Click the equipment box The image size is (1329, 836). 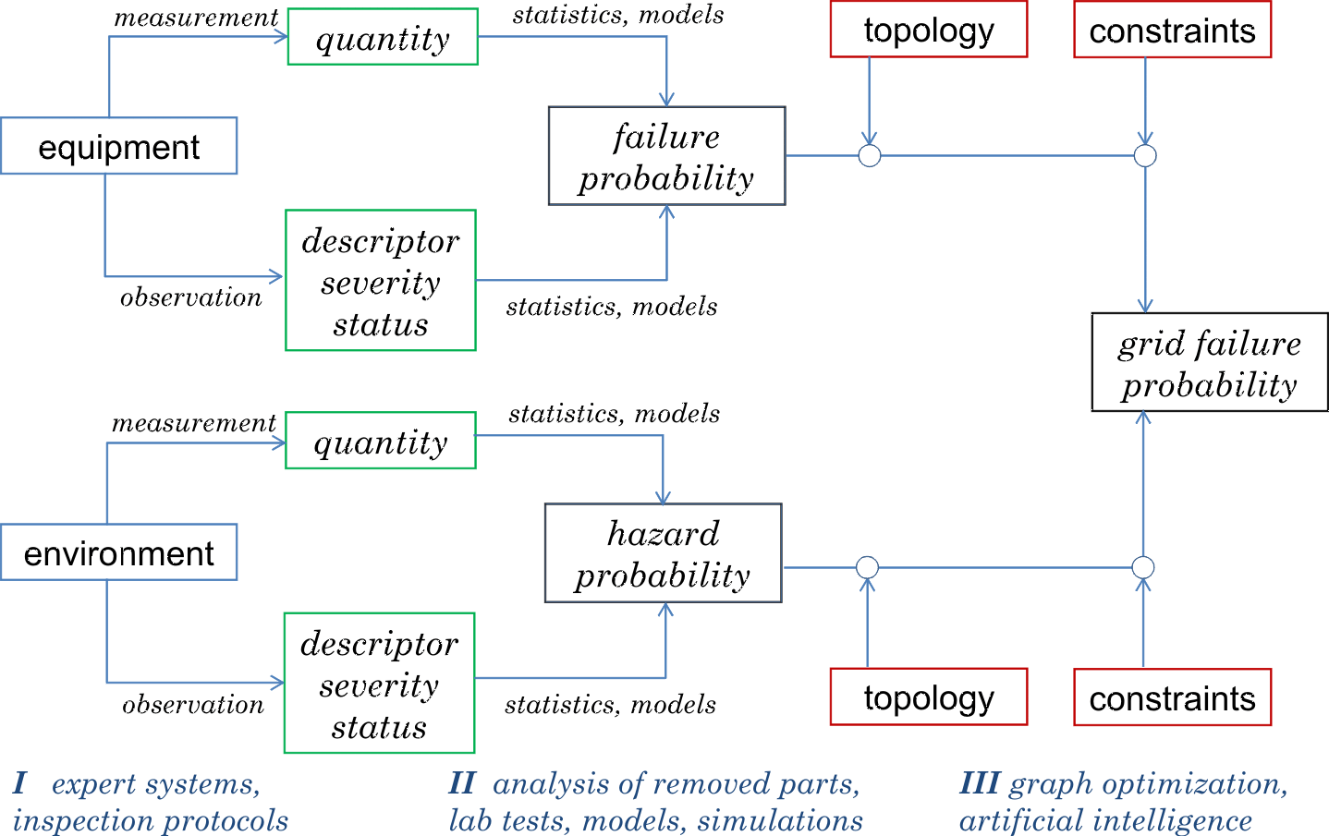pyautogui.click(x=118, y=146)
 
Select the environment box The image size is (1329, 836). pyautogui.click(x=118, y=552)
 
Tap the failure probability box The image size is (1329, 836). pyautogui.click(x=666, y=156)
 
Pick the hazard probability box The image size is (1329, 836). pyautogui.click(x=663, y=553)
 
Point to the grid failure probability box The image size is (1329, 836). pyautogui.click(x=1209, y=362)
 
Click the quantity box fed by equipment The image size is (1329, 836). pyautogui.click(x=383, y=37)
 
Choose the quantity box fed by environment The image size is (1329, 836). pyautogui.click(x=381, y=441)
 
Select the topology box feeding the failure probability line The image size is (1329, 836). pyautogui.click(x=929, y=30)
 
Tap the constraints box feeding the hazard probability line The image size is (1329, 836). pyautogui.click(x=1172, y=697)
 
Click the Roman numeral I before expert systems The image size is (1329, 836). pyautogui.click(x=19, y=783)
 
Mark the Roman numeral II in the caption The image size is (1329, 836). pyautogui.click(x=462, y=783)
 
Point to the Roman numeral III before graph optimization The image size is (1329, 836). pyautogui.click(x=979, y=783)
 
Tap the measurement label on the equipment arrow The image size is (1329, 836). pyautogui.click(x=196, y=18)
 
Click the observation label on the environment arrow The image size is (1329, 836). pyautogui.click(x=193, y=705)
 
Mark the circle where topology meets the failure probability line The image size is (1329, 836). pyautogui.click(x=870, y=155)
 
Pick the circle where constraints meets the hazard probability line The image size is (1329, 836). pyautogui.click(x=1143, y=567)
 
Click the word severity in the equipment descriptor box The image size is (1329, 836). pyautogui.click(x=381, y=283)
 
